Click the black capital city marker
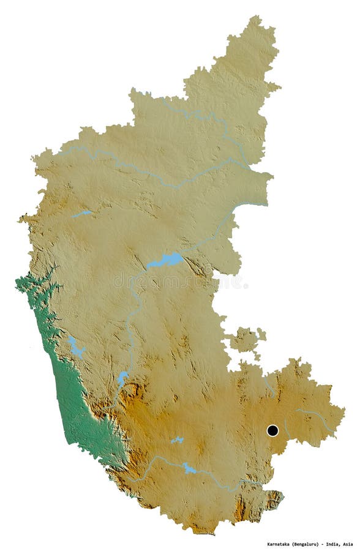pos(272,430)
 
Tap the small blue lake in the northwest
pos(82,214)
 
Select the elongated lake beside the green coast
pos(77,348)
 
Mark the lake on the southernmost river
pos(189,469)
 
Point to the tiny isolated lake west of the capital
pos(177,440)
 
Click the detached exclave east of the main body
pos(247,340)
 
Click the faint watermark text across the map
pos(178,282)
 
